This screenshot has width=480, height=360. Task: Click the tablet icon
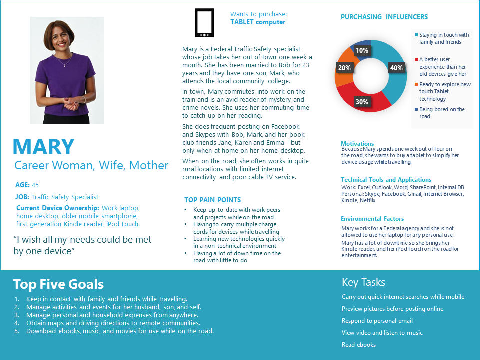pos(204,23)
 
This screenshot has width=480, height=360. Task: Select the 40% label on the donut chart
pos(396,68)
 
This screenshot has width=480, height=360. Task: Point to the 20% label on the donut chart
pos(344,68)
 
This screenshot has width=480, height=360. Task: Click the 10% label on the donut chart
pos(362,50)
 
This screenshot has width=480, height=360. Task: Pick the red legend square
pos(416,59)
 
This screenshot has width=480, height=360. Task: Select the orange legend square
pos(416,85)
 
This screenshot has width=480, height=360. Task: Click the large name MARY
pos(44,147)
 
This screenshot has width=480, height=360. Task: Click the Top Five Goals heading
pos(58,284)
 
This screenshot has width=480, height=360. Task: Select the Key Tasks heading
pos(363,282)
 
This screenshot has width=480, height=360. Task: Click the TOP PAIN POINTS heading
pos(212,200)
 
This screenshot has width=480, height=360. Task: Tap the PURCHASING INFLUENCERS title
pos(384,17)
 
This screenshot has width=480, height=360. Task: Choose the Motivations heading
pos(357,144)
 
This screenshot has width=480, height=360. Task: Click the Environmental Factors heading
pos(372,219)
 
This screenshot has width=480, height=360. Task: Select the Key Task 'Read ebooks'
pos(359,345)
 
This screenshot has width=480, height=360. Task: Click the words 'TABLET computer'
pos(258,22)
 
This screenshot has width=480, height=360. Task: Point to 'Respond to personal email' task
pos(377,321)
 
